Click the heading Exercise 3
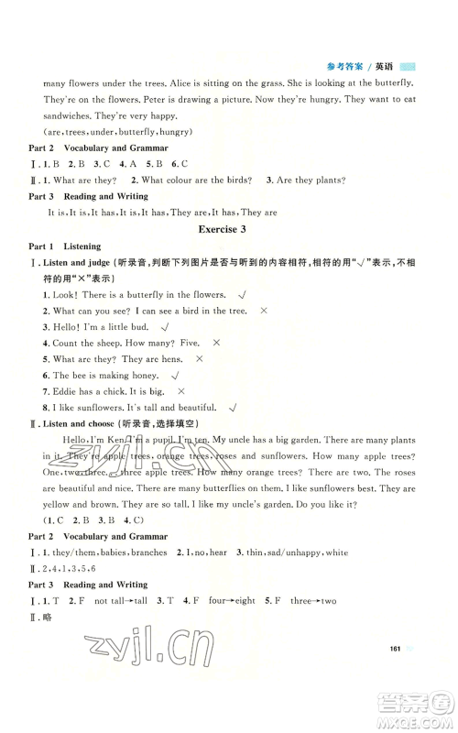tap(229, 229)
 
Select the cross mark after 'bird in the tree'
tap(264, 312)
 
